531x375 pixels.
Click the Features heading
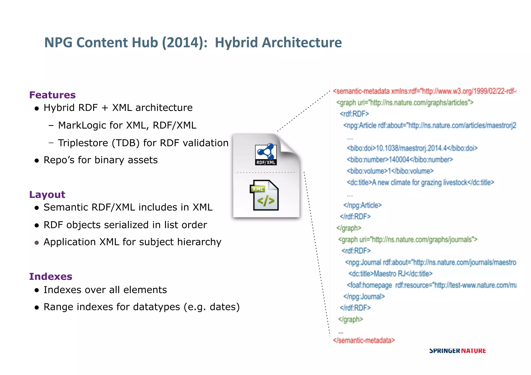pyautogui.click(x=52, y=95)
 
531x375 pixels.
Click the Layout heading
pyautogui.click(x=47, y=195)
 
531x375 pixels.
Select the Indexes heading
pyautogui.click(x=51, y=277)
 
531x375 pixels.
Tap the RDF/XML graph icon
pyautogui.click(x=266, y=154)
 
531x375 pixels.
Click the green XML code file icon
pyautogui.click(x=265, y=195)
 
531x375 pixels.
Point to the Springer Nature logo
pyautogui.click(x=457, y=351)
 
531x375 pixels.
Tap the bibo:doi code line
pyautogui.click(x=412, y=148)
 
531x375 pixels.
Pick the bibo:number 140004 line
pyautogui.click(x=400, y=160)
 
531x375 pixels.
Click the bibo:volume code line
pyautogui.click(x=390, y=171)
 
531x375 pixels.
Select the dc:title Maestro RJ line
pyautogui.click(x=390, y=274)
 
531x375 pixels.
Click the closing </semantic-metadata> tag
pyautogui.click(x=364, y=340)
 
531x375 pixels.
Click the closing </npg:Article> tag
pyautogui.click(x=362, y=205)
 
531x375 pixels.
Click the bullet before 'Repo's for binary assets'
pyautogui.click(x=37, y=161)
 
